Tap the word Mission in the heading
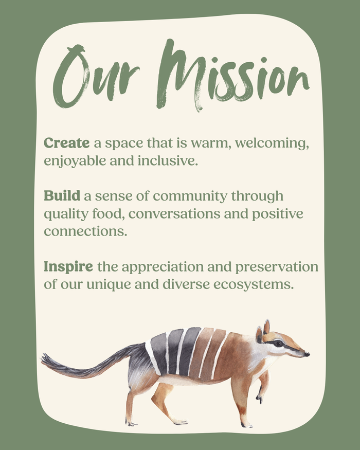pyautogui.click(x=233, y=75)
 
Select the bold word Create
pyautogui.click(x=67, y=143)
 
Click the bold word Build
pyautogui.click(x=62, y=196)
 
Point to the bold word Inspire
pyautogui.click(x=68, y=267)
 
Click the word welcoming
pyautogui.click(x=272, y=143)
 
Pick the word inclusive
pyautogui.click(x=168, y=160)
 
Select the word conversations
pyautogui.click(x=174, y=214)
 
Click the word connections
pyautogui.click(x=85, y=231)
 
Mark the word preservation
pyautogui.click(x=277, y=267)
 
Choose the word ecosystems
pyautogui.click(x=254, y=285)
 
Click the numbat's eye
pyautogui.click(x=278, y=343)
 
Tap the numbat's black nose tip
pyautogui.click(x=307, y=354)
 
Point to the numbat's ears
pyautogui.click(x=263, y=330)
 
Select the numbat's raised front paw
pyautogui.click(x=260, y=397)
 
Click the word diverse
pyautogui.click(x=186, y=285)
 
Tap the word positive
pyautogui.click(x=278, y=214)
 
